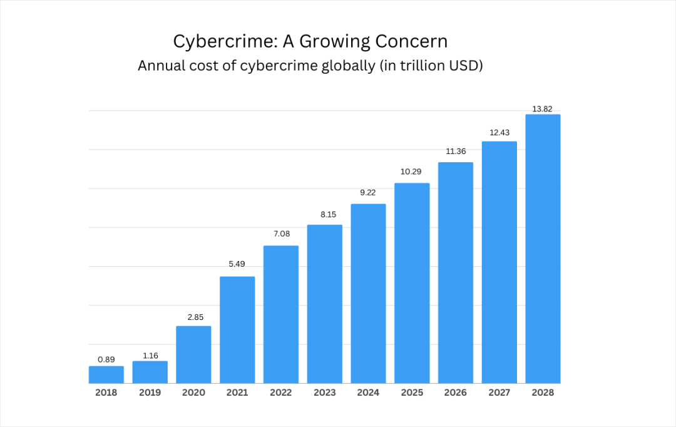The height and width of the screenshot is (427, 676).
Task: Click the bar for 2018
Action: point(106,374)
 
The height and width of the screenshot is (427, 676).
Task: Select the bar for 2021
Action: point(237,329)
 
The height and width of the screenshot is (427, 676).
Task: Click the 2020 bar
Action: point(193,354)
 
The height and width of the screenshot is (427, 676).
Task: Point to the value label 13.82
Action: point(542,109)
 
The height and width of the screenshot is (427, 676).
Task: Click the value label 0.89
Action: point(106,359)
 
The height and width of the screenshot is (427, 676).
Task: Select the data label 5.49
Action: point(237,264)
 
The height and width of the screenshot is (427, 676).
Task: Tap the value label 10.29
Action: point(411,172)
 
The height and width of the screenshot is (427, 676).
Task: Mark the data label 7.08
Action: point(280,234)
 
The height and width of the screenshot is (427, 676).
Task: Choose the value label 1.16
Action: point(150,355)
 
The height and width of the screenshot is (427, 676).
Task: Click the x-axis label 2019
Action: point(150,393)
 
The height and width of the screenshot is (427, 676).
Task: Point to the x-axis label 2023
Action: point(324,393)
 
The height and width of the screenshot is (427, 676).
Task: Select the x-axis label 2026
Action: point(455,393)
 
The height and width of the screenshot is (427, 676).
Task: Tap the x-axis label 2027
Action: point(499,393)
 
